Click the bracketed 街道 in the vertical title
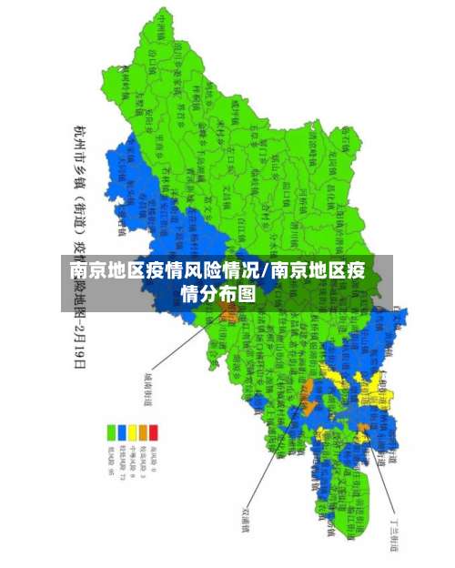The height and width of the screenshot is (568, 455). click(80, 223)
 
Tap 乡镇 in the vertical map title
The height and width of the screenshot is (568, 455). click(80, 177)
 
